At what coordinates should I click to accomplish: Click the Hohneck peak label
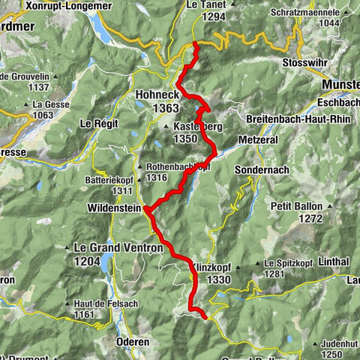pyautogui.click(x=157, y=95)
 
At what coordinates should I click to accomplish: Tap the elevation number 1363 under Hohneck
pyautogui.click(x=158, y=108)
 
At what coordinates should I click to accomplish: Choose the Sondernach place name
pyautogui.click(x=262, y=170)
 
